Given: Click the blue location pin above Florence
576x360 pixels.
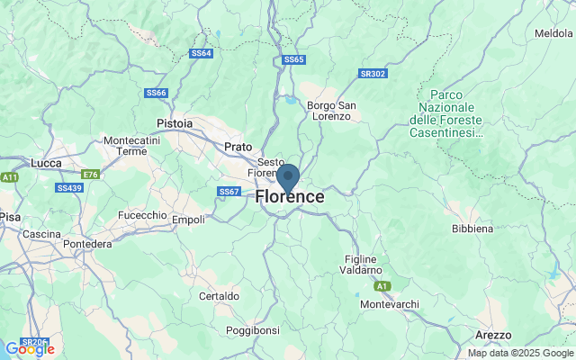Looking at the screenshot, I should click(288, 176).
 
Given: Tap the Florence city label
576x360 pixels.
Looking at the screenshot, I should click(290, 196).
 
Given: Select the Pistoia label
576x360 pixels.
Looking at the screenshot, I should click(174, 122).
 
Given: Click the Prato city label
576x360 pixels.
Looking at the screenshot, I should click(238, 146).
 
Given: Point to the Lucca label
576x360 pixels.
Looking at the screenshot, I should click(45, 162).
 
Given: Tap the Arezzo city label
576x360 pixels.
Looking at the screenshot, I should click(493, 335).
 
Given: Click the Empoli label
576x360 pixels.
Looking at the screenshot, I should click(188, 219).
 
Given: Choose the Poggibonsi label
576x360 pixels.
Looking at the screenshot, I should click(252, 330).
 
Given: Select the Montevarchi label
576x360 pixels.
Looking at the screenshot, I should click(389, 304).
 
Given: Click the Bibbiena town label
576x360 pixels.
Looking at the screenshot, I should click(472, 229).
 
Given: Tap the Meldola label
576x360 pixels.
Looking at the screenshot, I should click(553, 33).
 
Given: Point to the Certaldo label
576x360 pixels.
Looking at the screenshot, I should click(219, 295).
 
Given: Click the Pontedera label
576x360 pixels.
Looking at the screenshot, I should click(87, 244).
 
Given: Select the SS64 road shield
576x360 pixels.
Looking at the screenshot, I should click(202, 53).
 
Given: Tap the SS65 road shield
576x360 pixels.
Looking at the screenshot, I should click(294, 59).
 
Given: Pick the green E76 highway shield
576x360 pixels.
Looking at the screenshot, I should click(90, 174).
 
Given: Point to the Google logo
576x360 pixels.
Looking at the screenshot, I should click(30, 349).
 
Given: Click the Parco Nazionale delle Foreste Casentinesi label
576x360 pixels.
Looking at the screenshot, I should click(446, 113).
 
